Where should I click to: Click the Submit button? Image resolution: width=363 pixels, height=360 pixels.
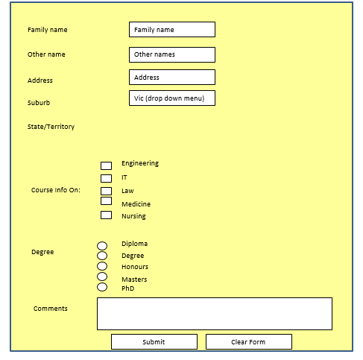(154, 341)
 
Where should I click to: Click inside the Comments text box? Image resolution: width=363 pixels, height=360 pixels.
(215, 314)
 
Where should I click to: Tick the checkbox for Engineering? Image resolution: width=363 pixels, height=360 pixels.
(106, 165)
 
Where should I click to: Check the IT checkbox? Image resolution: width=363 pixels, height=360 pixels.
(106, 178)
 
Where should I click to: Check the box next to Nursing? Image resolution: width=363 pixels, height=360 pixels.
(106, 215)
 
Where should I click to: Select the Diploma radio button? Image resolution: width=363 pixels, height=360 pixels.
(102, 246)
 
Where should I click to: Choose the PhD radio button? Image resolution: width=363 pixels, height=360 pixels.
(102, 287)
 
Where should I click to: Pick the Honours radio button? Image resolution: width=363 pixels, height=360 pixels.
(102, 266)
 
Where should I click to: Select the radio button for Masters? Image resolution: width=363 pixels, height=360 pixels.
(102, 277)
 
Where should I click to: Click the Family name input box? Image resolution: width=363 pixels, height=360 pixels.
(172, 30)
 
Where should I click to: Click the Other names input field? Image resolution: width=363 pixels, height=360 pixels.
(172, 54)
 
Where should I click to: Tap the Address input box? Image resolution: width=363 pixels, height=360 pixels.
(172, 77)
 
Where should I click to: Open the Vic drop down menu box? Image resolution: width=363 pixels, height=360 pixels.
(172, 98)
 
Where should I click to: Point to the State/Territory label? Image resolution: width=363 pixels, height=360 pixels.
(51, 127)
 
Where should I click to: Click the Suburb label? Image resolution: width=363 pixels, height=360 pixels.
(39, 103)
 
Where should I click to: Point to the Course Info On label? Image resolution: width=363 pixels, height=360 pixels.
(56, 190)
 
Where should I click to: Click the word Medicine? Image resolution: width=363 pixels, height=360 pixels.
(136, 204)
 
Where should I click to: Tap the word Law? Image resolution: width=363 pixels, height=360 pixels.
(127, 191)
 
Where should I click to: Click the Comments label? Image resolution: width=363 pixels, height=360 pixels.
(51, 309)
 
